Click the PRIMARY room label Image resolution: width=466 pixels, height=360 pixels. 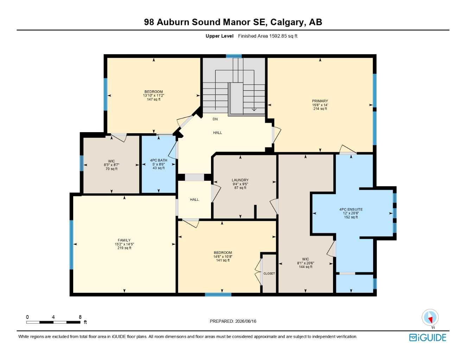(320, 101)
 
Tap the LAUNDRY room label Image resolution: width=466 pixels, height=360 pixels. (240, 180)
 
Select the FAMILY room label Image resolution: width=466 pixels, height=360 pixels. (124, 240)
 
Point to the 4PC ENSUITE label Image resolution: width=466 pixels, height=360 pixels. (351, 210)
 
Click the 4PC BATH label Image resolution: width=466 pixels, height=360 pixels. (159, 160)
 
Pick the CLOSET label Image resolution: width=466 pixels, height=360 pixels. (269, 274)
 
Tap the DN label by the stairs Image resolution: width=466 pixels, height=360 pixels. (215, 119)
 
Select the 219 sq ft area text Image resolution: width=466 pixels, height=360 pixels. (124, 248)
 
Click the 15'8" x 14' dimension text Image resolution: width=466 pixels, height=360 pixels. (320, 105)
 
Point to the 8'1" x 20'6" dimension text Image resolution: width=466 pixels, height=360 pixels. (305, 263)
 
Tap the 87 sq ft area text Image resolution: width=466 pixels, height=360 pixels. (240, 188)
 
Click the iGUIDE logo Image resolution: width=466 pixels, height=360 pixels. (428, 337)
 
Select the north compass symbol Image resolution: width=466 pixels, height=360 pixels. (430, 317)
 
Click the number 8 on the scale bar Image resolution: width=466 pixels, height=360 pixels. (80, 317)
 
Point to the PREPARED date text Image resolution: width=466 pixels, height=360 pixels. (233, 321)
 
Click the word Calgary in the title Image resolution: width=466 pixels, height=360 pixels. (287, 22)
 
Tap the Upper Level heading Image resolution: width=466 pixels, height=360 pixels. (219, 36)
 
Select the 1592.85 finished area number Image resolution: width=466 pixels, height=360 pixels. (278, 36)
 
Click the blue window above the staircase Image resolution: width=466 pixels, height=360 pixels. (234, 56)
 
